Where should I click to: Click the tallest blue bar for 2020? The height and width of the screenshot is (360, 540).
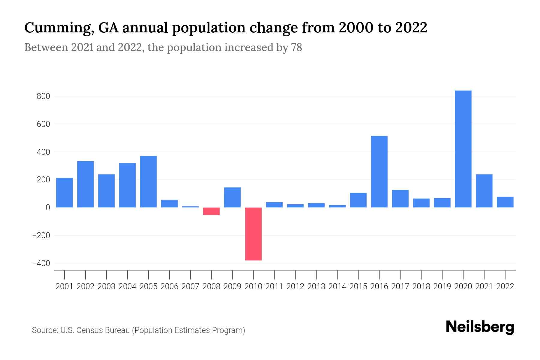tap(463, 149)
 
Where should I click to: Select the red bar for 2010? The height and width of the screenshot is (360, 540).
tap(253, 234)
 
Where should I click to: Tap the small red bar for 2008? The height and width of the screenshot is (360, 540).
tap(211, 211)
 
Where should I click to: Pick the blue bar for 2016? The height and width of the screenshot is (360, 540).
tap(379, 172)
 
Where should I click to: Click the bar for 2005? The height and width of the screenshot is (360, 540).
tap(148, 181)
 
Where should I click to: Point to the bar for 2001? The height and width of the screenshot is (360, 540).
tap(64, 193)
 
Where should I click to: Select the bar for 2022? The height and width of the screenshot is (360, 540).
tap(505, 202)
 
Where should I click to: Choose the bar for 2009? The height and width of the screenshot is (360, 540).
tap(232, 197)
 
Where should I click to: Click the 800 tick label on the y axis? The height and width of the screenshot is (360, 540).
tap(43, 97)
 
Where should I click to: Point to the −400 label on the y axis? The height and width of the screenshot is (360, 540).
tap(41, 263)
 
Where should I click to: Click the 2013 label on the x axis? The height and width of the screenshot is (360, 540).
tap(316, 286)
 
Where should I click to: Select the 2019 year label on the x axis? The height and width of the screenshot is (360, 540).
tap(442, 286)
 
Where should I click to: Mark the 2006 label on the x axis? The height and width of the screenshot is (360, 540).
tap(169, 286)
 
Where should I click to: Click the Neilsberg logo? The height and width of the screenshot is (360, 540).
tap(480, 327)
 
